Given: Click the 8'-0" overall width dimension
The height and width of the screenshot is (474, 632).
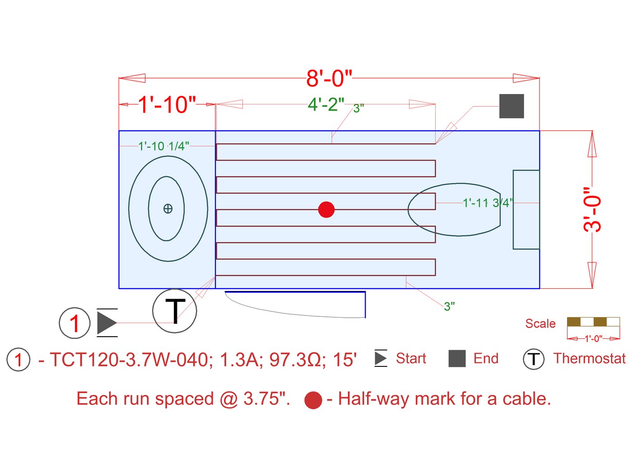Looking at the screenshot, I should click(x=329, y=78).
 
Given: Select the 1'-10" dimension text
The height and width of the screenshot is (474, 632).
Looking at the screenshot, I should click(x=167, y=105).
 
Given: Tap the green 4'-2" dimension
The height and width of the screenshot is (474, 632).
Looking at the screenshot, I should click(x=326, y=104).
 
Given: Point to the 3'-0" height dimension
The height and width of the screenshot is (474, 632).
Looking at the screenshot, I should click(x=593, y=209).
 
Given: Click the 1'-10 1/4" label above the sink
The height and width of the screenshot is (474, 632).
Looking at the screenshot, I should click(x=163, y=146).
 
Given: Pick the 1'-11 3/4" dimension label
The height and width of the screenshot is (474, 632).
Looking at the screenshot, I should click(x=488, y=203).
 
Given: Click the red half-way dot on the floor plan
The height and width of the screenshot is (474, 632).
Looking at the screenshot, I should click(x=326, y=210).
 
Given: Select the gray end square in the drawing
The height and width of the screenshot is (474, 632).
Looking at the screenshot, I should click(x=511, y=106).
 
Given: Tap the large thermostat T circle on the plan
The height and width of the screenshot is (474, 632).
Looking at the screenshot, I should click(x=175, y=311).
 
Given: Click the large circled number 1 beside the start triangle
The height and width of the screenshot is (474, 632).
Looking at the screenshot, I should click(x=74, y=323).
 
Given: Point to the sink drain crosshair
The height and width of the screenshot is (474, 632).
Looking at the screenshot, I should click(x=168, y=209).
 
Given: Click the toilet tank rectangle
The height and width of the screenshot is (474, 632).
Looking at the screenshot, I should click(x=526, y=210).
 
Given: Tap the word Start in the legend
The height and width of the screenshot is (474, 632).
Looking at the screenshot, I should click(x=411, y=358).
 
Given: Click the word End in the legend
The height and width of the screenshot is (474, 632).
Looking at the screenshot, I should click(x=486, y=358).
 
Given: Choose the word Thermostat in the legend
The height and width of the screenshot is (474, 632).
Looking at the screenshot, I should click(x=589, y=358).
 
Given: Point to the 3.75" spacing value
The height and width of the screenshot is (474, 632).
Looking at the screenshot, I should click(x=266, y=399).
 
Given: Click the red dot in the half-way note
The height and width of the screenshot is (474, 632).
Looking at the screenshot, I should click(x=313, y=400).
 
